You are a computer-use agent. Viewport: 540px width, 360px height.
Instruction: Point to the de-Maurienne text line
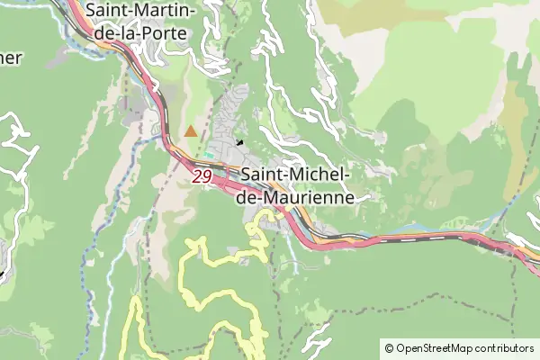[x=301, y=197]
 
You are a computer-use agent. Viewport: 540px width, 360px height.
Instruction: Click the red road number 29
[x=202, y=177]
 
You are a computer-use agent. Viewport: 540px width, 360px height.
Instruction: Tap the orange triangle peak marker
[x=190, y=131]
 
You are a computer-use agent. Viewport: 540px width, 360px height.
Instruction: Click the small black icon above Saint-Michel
[x=239, y=141]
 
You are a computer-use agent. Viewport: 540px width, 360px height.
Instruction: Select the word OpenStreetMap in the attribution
[x=440, y=348]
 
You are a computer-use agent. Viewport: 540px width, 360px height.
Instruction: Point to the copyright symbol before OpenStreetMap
[x=389, y=348]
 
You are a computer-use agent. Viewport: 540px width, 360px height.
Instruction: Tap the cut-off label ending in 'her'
[x=11, y=57]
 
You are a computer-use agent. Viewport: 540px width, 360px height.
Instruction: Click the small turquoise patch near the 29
[x=210, y=155]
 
